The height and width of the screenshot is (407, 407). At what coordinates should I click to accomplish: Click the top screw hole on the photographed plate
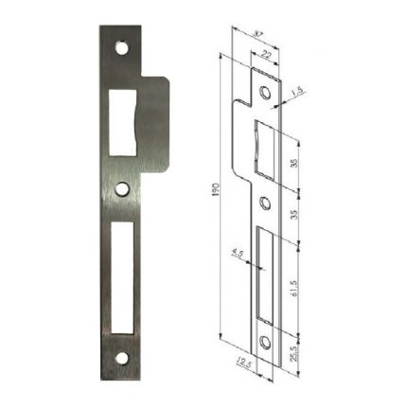[121, 46]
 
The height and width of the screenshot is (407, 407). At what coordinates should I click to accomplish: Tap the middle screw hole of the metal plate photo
[121, 188]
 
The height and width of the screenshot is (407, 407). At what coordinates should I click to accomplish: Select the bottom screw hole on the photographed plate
[121, 359]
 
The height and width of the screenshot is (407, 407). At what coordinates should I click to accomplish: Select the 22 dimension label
[266, 56]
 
